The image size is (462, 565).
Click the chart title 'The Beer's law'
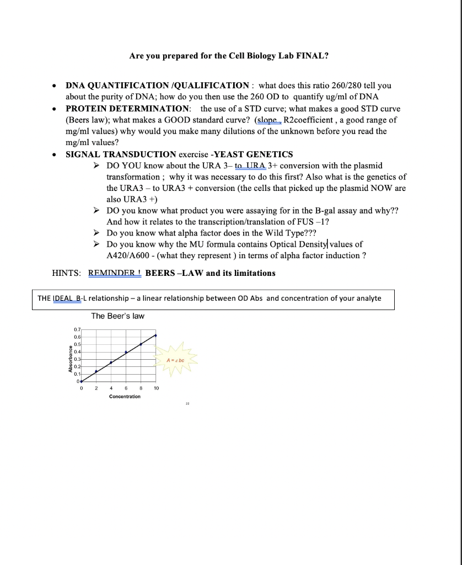point(117,316)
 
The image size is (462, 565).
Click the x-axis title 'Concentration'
point(125,396)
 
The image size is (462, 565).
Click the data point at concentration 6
point(126,352)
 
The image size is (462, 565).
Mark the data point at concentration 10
point(156,335)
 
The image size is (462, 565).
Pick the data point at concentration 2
point(96,371)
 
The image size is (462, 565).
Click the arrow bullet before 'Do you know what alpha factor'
point(97,233)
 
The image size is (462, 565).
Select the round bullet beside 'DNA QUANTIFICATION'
point(53,86)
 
